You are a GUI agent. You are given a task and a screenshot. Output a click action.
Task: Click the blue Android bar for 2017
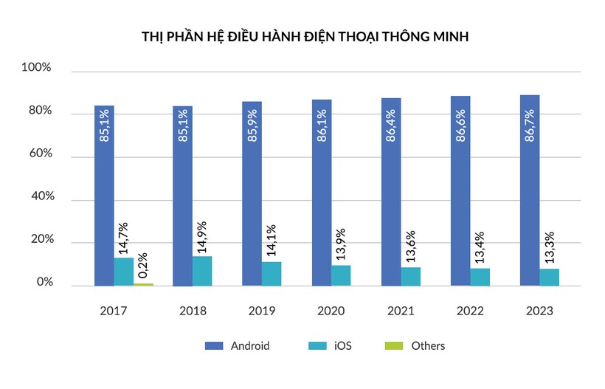click(104, 196)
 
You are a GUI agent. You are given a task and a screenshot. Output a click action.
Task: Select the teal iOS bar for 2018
click(202, 271)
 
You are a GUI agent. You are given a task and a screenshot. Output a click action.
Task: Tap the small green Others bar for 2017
click(143, 284)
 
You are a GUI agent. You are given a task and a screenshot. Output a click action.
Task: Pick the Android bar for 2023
click(529, 190)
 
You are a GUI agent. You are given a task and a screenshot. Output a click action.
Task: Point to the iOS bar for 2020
click(341, 275)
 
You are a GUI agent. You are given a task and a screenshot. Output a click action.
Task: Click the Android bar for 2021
click(391, 192)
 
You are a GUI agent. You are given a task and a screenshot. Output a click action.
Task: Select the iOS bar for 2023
click(549, 277)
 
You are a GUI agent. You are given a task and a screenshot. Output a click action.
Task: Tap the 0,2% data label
click(142, 264)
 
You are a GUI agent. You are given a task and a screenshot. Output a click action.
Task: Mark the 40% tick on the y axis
click(37, 197)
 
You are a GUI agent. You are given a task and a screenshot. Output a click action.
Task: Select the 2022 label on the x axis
click(470, 311)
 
